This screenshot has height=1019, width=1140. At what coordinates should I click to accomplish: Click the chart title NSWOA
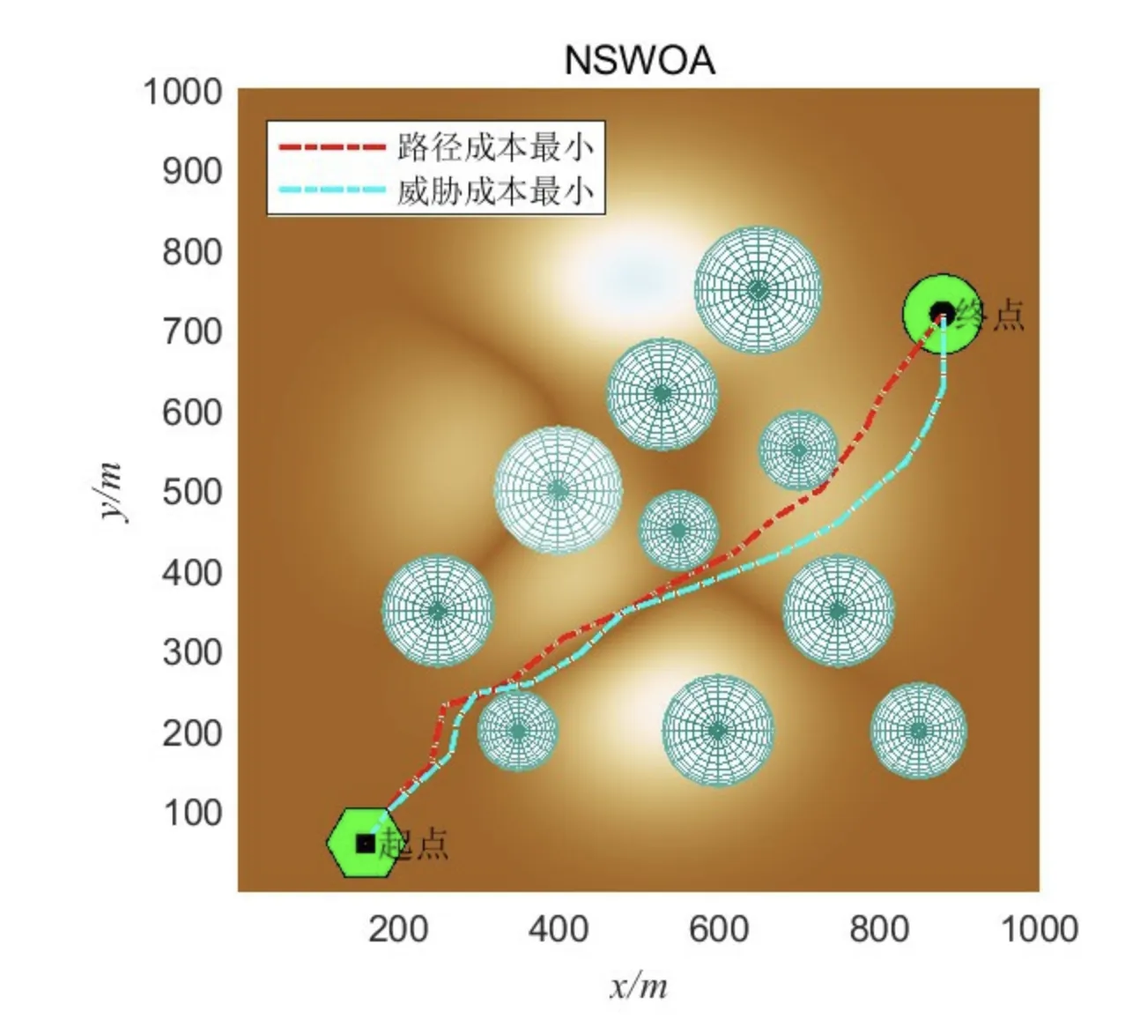coord(639,61)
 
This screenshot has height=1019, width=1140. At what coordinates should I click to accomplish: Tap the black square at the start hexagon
coord(365,844)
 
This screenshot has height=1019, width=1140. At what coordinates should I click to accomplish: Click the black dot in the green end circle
coord(943,312)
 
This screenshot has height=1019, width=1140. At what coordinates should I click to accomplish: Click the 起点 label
coord(419,844)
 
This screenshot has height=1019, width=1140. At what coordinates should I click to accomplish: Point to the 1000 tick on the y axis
coord(183,91)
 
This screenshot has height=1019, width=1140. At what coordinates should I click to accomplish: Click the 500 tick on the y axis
coord(192,492)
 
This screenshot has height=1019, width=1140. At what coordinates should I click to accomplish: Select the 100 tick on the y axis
coord(192,812)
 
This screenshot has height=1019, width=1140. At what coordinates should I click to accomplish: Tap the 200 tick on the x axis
coord(398,928)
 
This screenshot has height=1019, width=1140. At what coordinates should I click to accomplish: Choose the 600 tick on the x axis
coord(719,928)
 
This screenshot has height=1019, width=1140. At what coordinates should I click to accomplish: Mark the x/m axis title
coord(639,986)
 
